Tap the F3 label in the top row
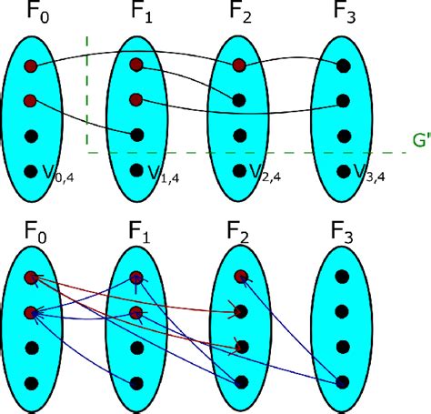[343, 15]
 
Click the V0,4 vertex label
[56, 171]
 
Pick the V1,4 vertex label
[160, 171]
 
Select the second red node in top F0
[32, 100]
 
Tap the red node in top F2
[239, 65]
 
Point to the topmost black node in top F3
[344, 65]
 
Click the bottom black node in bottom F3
[344, 383]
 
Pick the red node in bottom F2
[239, 277]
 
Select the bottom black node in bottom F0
[32, 383]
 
